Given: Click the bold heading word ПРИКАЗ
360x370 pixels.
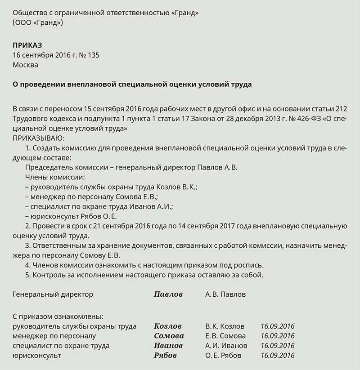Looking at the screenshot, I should (28, 45).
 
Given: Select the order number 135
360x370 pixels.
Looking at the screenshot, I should (93, 55).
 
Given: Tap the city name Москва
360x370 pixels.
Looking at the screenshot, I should (26, 65).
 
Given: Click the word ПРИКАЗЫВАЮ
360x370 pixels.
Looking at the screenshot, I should (39, 138).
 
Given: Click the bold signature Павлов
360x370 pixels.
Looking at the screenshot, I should (168, 294).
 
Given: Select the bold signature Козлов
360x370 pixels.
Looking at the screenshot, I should (168, 326).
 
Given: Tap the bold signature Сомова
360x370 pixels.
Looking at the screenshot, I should (169, 336).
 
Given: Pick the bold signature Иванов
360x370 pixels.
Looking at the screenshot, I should (168, 346).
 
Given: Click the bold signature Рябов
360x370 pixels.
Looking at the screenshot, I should (165, 355).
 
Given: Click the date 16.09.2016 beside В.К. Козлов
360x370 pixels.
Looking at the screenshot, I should (278, 326).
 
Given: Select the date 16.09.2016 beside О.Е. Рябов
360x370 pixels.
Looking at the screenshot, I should (278, 355).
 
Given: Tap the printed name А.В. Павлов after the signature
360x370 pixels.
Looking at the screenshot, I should (225, 294).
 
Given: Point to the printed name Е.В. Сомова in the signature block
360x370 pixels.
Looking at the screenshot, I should (225, 336).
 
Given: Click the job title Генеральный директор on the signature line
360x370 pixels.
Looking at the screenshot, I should (53, 294).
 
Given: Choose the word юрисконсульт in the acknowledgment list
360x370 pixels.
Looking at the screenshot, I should (37, 355).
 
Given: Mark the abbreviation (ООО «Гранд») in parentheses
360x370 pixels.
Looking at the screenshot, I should (38, 22).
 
